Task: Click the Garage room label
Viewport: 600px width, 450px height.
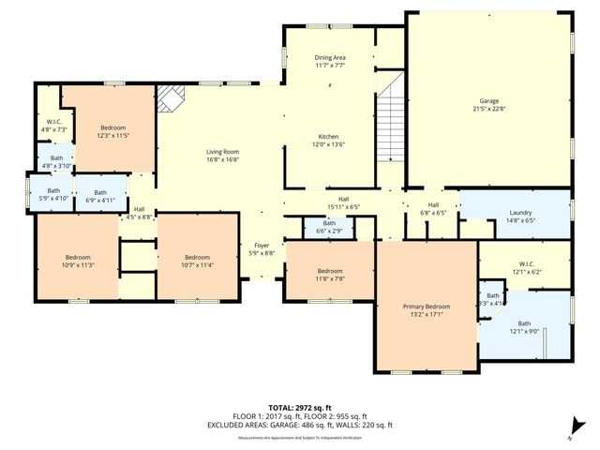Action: tap(488, 103)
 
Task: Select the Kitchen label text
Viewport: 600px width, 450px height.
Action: tap(329, 140)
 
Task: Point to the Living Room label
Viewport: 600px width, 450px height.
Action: tap(223, 155)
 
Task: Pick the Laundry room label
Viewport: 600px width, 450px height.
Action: tap(520, 217)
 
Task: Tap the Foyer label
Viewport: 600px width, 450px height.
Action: tap(262, 249)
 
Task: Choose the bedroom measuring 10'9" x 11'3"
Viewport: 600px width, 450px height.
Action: tap(78, 261)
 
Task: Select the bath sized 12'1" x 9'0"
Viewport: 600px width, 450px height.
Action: tap(523, 327)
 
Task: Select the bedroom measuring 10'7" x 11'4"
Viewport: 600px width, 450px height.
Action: tap(197, 261)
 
